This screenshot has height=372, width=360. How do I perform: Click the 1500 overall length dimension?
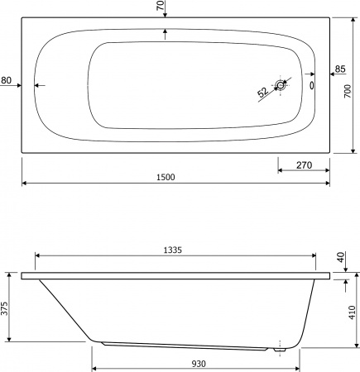click(166, 177)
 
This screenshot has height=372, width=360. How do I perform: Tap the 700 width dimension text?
click(348, 91)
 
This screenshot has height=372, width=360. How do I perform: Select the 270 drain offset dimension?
click(304, 165)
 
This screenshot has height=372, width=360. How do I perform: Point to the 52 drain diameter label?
click(263, 92)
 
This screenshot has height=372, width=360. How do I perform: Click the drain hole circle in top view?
click(281, 85)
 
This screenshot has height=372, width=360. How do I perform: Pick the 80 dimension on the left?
click(6, 80)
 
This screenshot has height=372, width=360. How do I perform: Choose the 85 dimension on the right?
click(340, 69)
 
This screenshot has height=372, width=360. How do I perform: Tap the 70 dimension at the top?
click(161, 5)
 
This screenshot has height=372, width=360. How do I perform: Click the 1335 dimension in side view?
click(173, 250)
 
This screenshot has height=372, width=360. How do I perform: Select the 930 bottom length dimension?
click(199, 364)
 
